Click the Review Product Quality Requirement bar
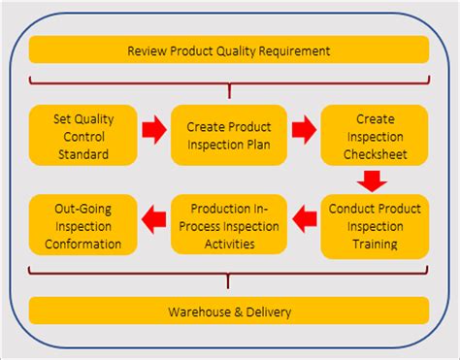229,49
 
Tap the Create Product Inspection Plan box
229,137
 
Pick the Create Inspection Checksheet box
375,137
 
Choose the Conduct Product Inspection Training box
375,225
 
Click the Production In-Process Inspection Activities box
229,225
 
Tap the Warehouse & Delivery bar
229,311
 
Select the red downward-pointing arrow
373,180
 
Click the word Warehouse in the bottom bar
195,311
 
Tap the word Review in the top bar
146,50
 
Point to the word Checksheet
375,154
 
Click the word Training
375,244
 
